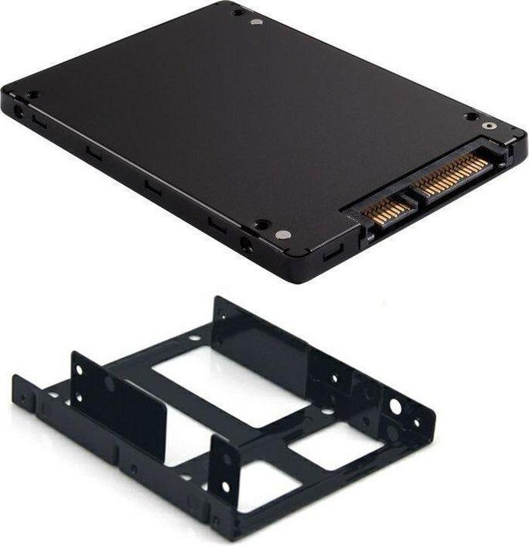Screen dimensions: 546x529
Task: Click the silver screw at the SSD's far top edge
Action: (257, 21)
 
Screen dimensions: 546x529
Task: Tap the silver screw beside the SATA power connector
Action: (487, 125)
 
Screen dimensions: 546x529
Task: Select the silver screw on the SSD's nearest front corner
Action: (284, 234)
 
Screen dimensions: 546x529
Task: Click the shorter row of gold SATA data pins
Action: (384, 210)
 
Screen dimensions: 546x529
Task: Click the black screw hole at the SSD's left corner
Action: (32, 94)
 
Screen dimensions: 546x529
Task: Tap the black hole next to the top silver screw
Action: (238, 12)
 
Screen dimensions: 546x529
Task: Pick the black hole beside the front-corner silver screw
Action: (262, 224)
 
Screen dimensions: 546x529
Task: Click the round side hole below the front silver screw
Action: (246, 247)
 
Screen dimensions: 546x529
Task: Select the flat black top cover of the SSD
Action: (232, 116)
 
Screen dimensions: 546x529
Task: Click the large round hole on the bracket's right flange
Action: (395, 406)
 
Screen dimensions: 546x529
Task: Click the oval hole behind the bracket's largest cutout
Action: (193, 338)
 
